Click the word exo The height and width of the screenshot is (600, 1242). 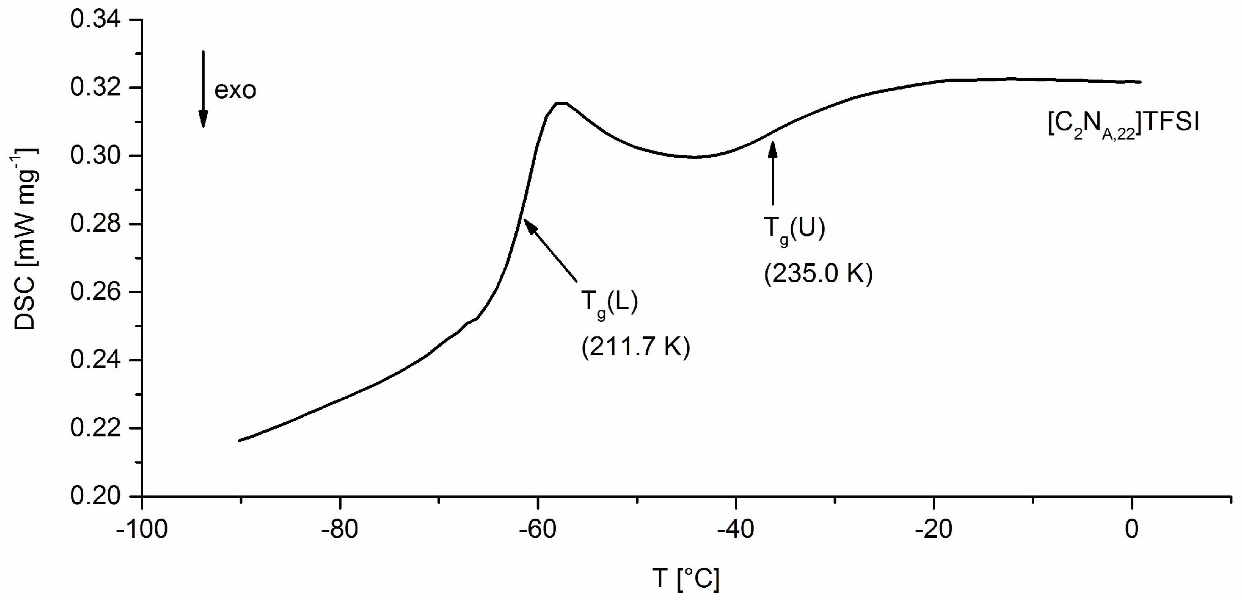coord(235,90)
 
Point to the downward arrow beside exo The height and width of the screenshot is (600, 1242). coord(203,89)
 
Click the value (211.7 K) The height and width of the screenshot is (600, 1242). coord(636,347)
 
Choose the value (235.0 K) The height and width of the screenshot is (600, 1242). coord(818,274)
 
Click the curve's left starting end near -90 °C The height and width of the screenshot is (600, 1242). coord(240,440)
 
